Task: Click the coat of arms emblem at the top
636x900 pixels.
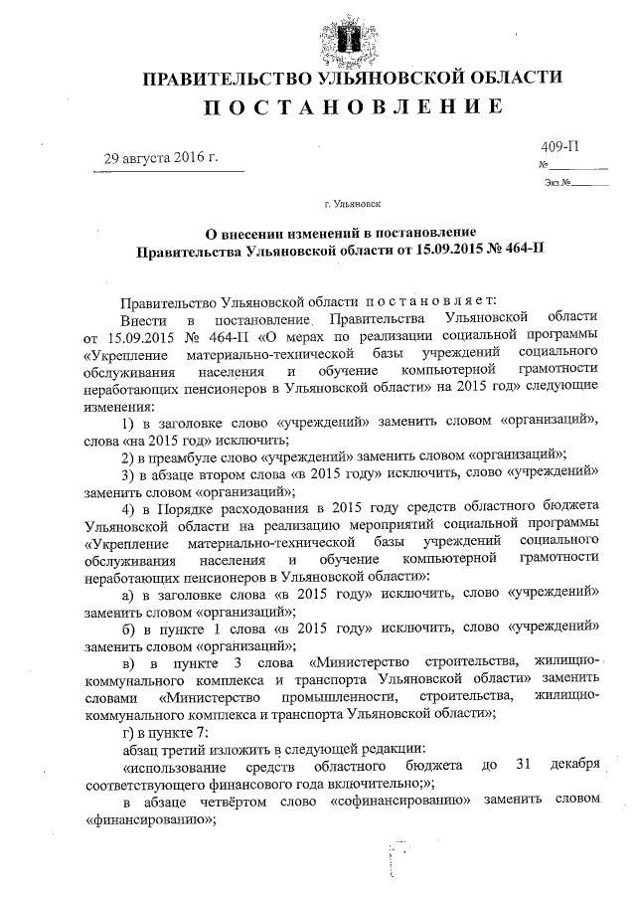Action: pos(350,38)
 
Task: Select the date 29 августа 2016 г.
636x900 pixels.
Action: pos(162,158)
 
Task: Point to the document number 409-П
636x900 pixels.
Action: pos(558,147)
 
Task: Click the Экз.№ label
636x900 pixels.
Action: pos(556,182)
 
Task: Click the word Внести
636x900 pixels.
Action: pos(141,318)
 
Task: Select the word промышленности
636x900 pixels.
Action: pos(339,696)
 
